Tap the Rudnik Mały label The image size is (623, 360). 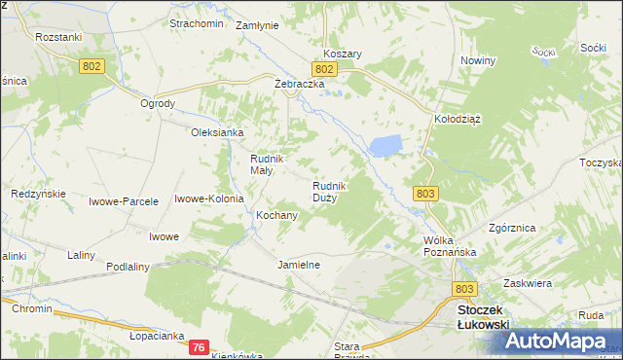(267, 164)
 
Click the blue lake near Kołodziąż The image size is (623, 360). (384, 147)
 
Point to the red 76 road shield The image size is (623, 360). (199, 347)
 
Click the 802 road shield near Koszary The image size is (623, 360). (325, 70)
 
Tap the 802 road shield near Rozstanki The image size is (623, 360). (92, 64)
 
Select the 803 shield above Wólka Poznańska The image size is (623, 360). (424, 194)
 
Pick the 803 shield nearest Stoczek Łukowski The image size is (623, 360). (465, 289)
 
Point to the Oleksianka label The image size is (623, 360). (216, 132)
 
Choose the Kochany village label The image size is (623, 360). (275, 215)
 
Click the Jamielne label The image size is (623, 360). (299, 265)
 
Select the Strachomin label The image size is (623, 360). (197, 23)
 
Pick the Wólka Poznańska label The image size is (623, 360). (449, 246)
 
